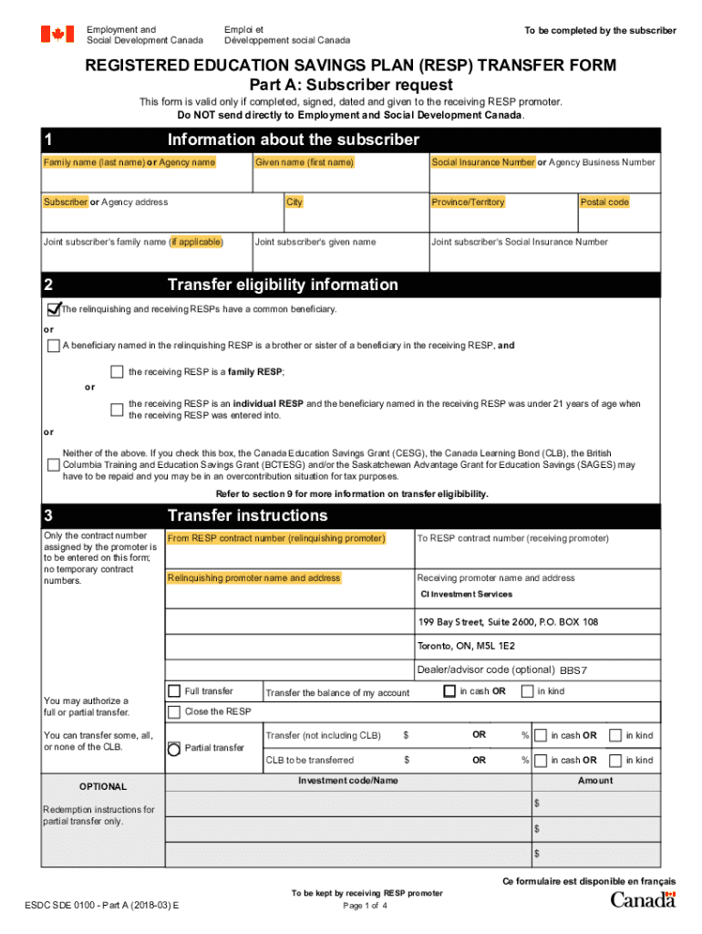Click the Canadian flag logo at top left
pos(57,35)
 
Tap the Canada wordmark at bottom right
pos(643,899)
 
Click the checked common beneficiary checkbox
pos(54,309)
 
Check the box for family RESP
pos(117,372)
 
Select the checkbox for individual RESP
pos(117,410)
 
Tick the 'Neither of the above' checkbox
pos(54,465)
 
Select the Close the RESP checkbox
pos(174,711)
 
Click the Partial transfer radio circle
pos(174,748)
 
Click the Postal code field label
pos(604,202)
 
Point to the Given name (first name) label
pos(305,162)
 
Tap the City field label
pos(294,202)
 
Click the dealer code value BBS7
pos(573,670)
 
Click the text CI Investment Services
pos(466,595)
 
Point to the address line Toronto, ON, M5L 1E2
pos(466,646)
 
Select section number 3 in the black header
pos(48,515)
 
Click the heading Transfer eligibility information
pos(283,285)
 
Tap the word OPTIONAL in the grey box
pos(103,786)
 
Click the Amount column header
pos(594,781)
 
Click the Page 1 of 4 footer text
pos(366,906)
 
